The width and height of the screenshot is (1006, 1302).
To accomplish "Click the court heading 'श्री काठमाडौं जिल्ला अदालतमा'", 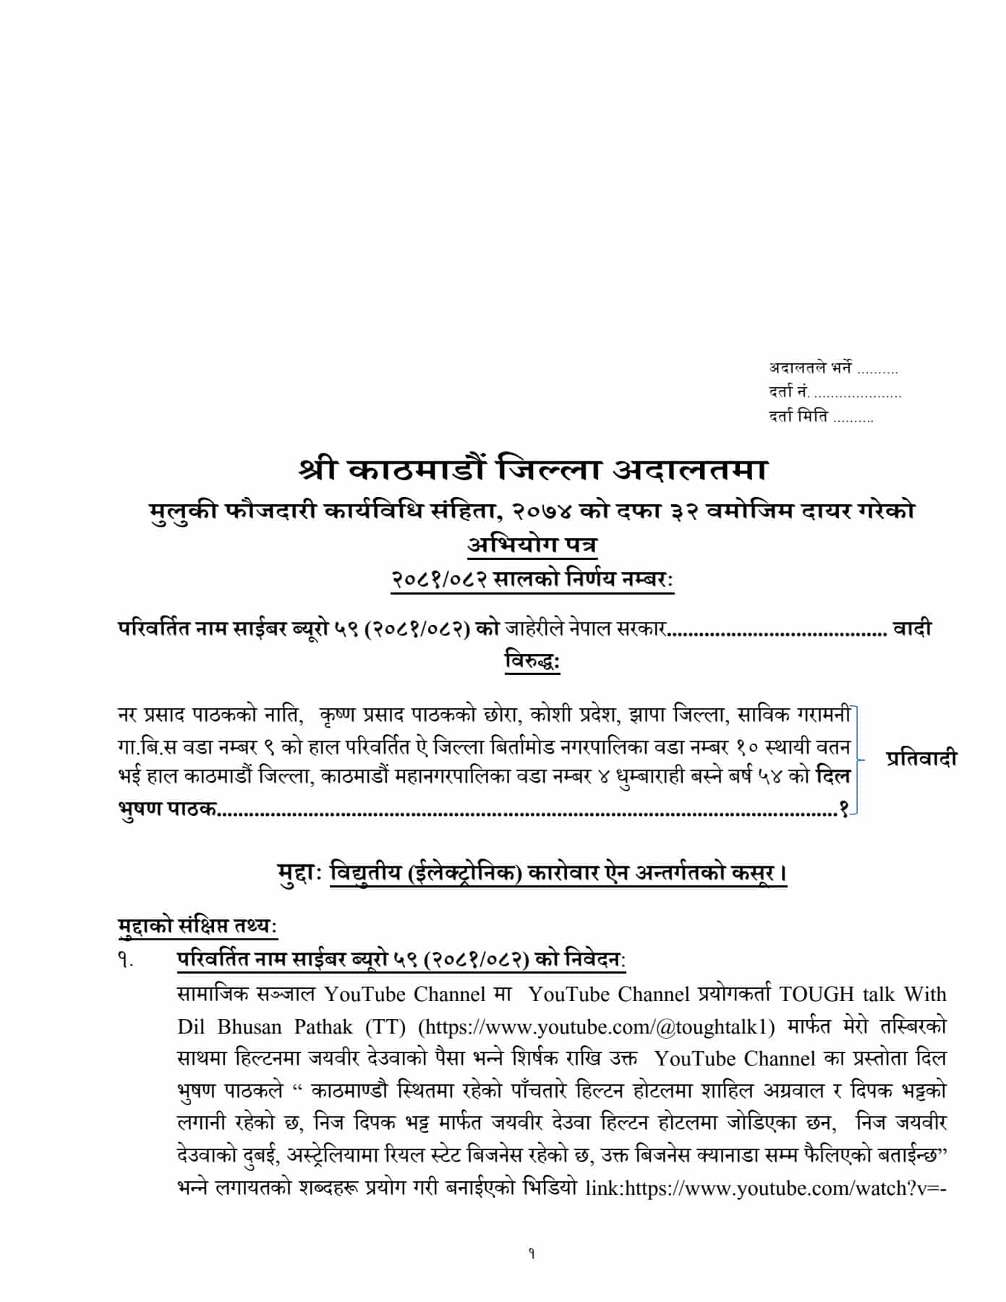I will (x=532, y=470).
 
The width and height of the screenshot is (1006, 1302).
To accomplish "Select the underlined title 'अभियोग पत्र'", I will (x=532, y=545).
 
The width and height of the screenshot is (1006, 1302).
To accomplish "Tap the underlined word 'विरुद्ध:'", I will (x=532, y=660).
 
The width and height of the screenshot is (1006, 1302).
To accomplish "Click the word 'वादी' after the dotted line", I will (x=912, y=628).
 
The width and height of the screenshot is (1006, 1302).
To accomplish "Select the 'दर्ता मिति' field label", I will (x=798, y=417).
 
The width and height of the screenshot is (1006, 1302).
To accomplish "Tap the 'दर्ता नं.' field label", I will (x=790, y=393).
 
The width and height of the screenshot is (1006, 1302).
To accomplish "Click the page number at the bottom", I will (x=532, y=1254).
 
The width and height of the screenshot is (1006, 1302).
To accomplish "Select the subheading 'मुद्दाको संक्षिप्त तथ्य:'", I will (x=197, y=925).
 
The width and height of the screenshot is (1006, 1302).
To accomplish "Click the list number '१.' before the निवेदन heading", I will (x=124, y=962).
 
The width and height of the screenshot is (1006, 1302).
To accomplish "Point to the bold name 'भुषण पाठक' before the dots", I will (x=166, y=808).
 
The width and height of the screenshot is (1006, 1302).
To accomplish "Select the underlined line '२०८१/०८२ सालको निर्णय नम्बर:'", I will (x=532, y=580).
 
